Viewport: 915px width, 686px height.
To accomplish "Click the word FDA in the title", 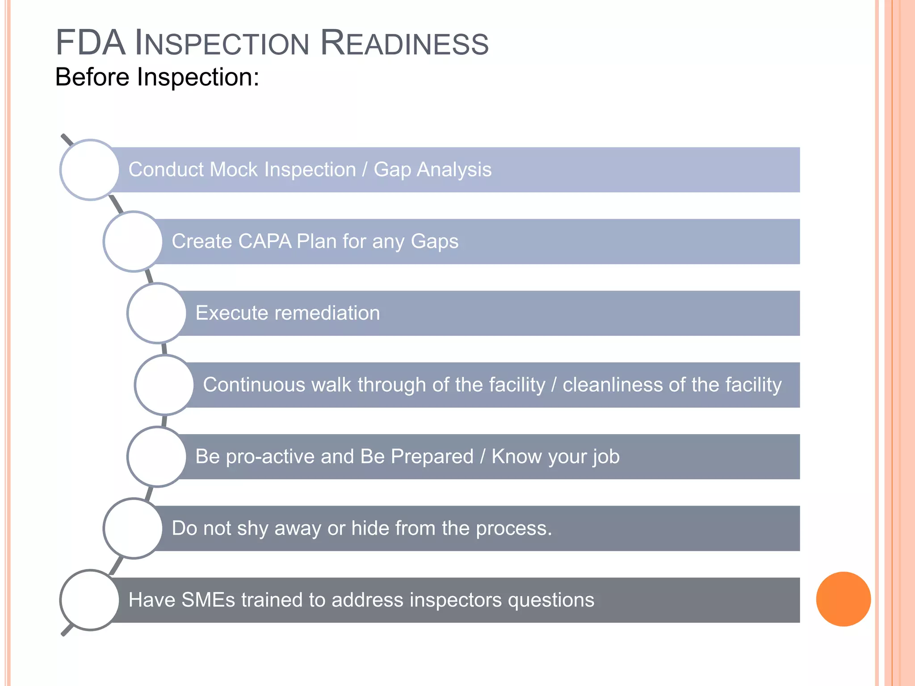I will coord(90,43).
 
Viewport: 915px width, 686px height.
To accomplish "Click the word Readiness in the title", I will coord(405,43).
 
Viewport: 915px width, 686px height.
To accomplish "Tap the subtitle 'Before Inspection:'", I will coord(157,77).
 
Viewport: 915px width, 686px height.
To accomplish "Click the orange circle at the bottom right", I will coord(843,599).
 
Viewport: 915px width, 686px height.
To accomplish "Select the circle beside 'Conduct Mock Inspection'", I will coord(90,170).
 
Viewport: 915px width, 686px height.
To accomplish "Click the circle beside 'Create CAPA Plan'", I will coord(133,242).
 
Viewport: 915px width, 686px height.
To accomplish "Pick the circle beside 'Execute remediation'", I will coord(157,313).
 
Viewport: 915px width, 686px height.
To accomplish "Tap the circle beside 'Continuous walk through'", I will coord(164,385).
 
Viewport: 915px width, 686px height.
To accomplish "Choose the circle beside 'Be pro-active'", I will coord(157,456).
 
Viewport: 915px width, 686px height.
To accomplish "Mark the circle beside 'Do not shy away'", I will coord(133,528).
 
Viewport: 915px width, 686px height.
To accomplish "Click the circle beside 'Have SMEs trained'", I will coord(90,600).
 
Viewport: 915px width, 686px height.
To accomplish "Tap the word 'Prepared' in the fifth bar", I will coord(432,456).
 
